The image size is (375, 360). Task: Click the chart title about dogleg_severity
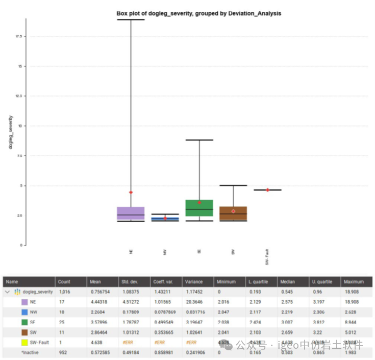(x=198, y=13)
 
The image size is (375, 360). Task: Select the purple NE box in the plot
(x=131, y=213)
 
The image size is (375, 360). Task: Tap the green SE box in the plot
(x=199, y=208)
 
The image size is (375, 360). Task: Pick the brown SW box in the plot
(x=233, y=213)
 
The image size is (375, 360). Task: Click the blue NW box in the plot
(x=165, y=219)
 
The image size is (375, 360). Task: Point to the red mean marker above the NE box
(x=131, y=193)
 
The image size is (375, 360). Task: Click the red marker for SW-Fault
(x=267, y=190)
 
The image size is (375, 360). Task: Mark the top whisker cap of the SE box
(x=199, y=140)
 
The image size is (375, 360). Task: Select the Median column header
(x=287, y=281)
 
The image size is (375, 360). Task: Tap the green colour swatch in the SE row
(x=24, y=322)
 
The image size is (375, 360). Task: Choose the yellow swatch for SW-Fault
(x=24, y=343)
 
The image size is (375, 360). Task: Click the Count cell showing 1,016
(x=65, y=292)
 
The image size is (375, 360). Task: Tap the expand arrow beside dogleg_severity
(x=8, y=292)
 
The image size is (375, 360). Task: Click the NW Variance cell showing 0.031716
(x=194, y=312)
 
